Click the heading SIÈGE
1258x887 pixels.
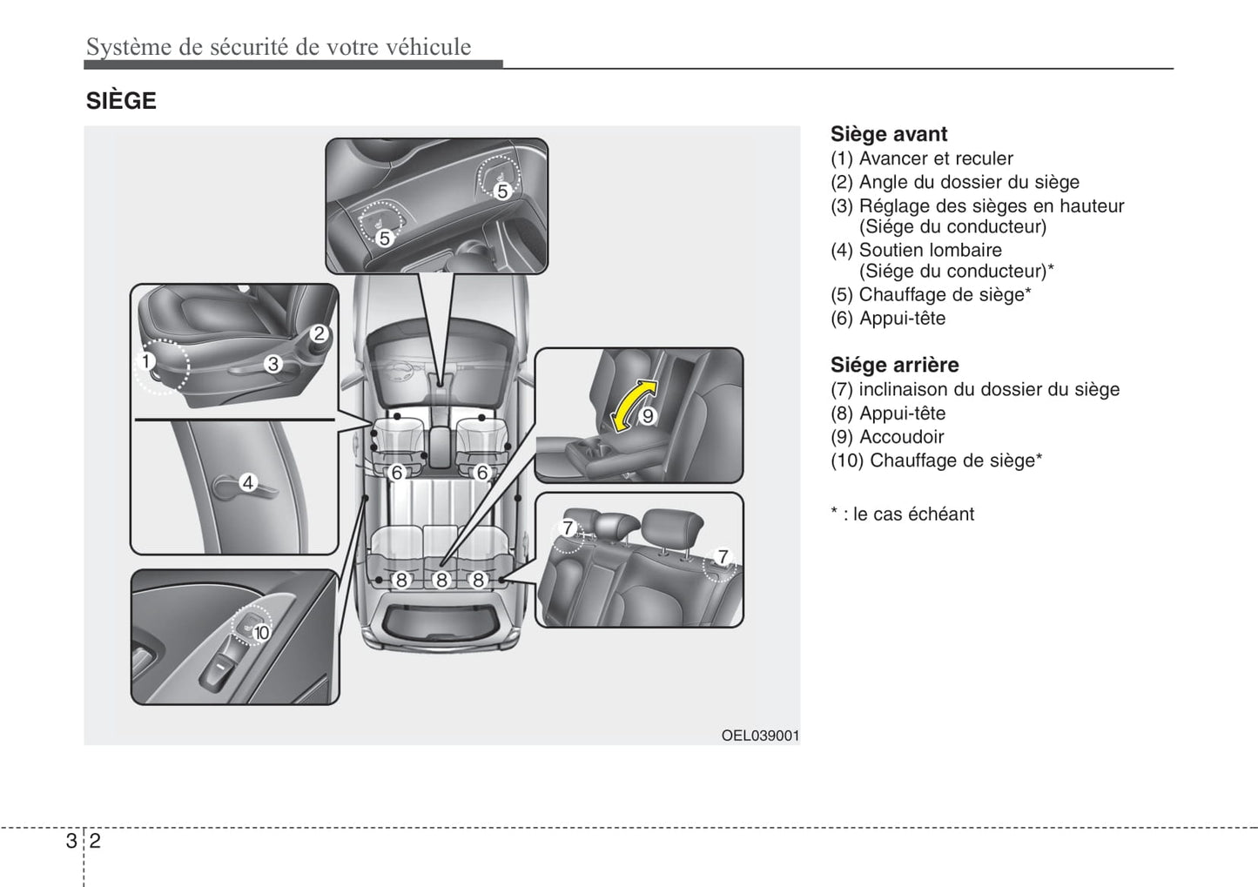[121, 101]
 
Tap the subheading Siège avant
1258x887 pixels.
[888, 134]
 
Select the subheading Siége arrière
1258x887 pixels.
[894, 365]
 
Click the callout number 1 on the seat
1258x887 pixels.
[147, 361]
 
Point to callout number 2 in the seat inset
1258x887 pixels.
[319, 333]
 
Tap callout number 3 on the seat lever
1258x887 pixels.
[273, 364]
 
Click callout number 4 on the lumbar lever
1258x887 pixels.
[248, 482]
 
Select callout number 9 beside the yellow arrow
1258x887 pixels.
[647, 416]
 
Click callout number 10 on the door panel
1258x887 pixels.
[261, 633]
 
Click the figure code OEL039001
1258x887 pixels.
[759, 736]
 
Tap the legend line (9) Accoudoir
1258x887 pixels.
[886, 437]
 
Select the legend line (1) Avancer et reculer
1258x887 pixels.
[921, 158]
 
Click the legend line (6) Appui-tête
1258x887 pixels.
[887, 319]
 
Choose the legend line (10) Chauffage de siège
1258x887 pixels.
[936, 460]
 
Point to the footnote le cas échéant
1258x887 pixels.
[902, 514]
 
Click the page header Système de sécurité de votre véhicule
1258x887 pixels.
[279, 47]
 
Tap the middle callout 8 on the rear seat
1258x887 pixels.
[441, 580]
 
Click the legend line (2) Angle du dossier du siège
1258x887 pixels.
[954, 182]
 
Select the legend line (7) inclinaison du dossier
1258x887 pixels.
[974, 389]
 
